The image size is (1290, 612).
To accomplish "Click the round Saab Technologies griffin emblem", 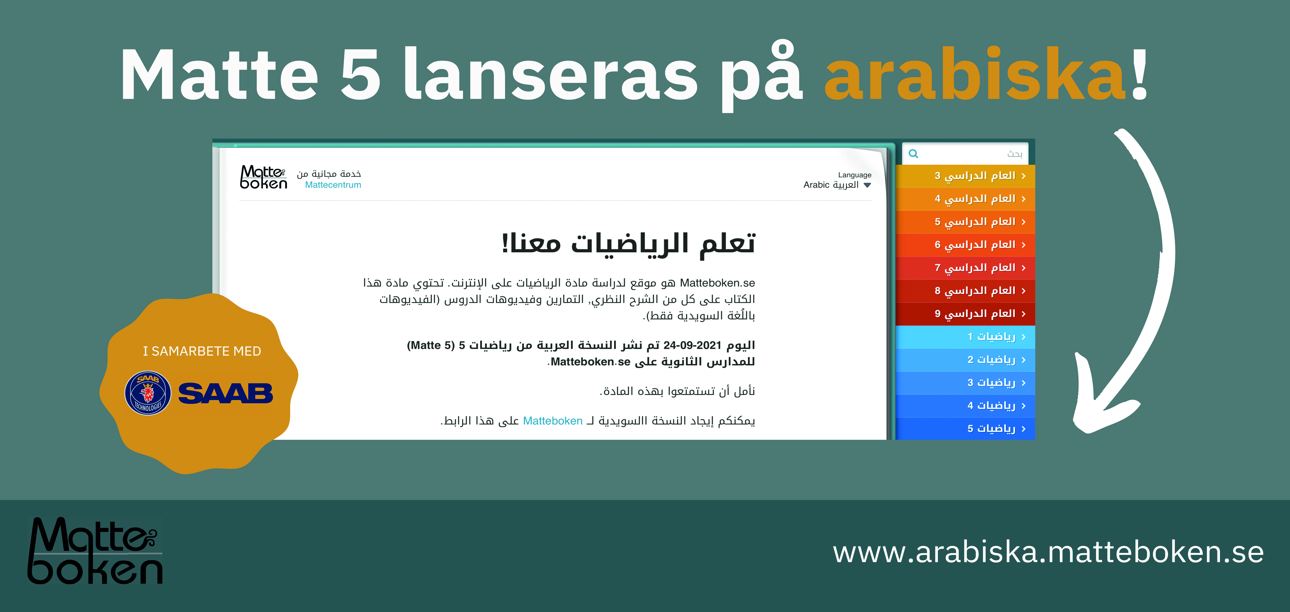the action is [148, 393].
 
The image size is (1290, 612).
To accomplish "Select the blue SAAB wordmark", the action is [225, 393].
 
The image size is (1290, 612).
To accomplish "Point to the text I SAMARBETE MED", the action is [202, 351].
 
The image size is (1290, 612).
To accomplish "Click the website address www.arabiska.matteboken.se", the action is [1048, 552].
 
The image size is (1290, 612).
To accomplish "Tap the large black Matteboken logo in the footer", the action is [95, 550].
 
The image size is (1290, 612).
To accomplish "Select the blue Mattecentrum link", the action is [333, 185].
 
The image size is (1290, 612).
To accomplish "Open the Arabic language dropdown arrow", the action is [867, 185].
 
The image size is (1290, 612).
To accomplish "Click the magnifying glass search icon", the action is [913, 154].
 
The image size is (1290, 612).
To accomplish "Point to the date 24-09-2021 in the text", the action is [692, 345].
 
